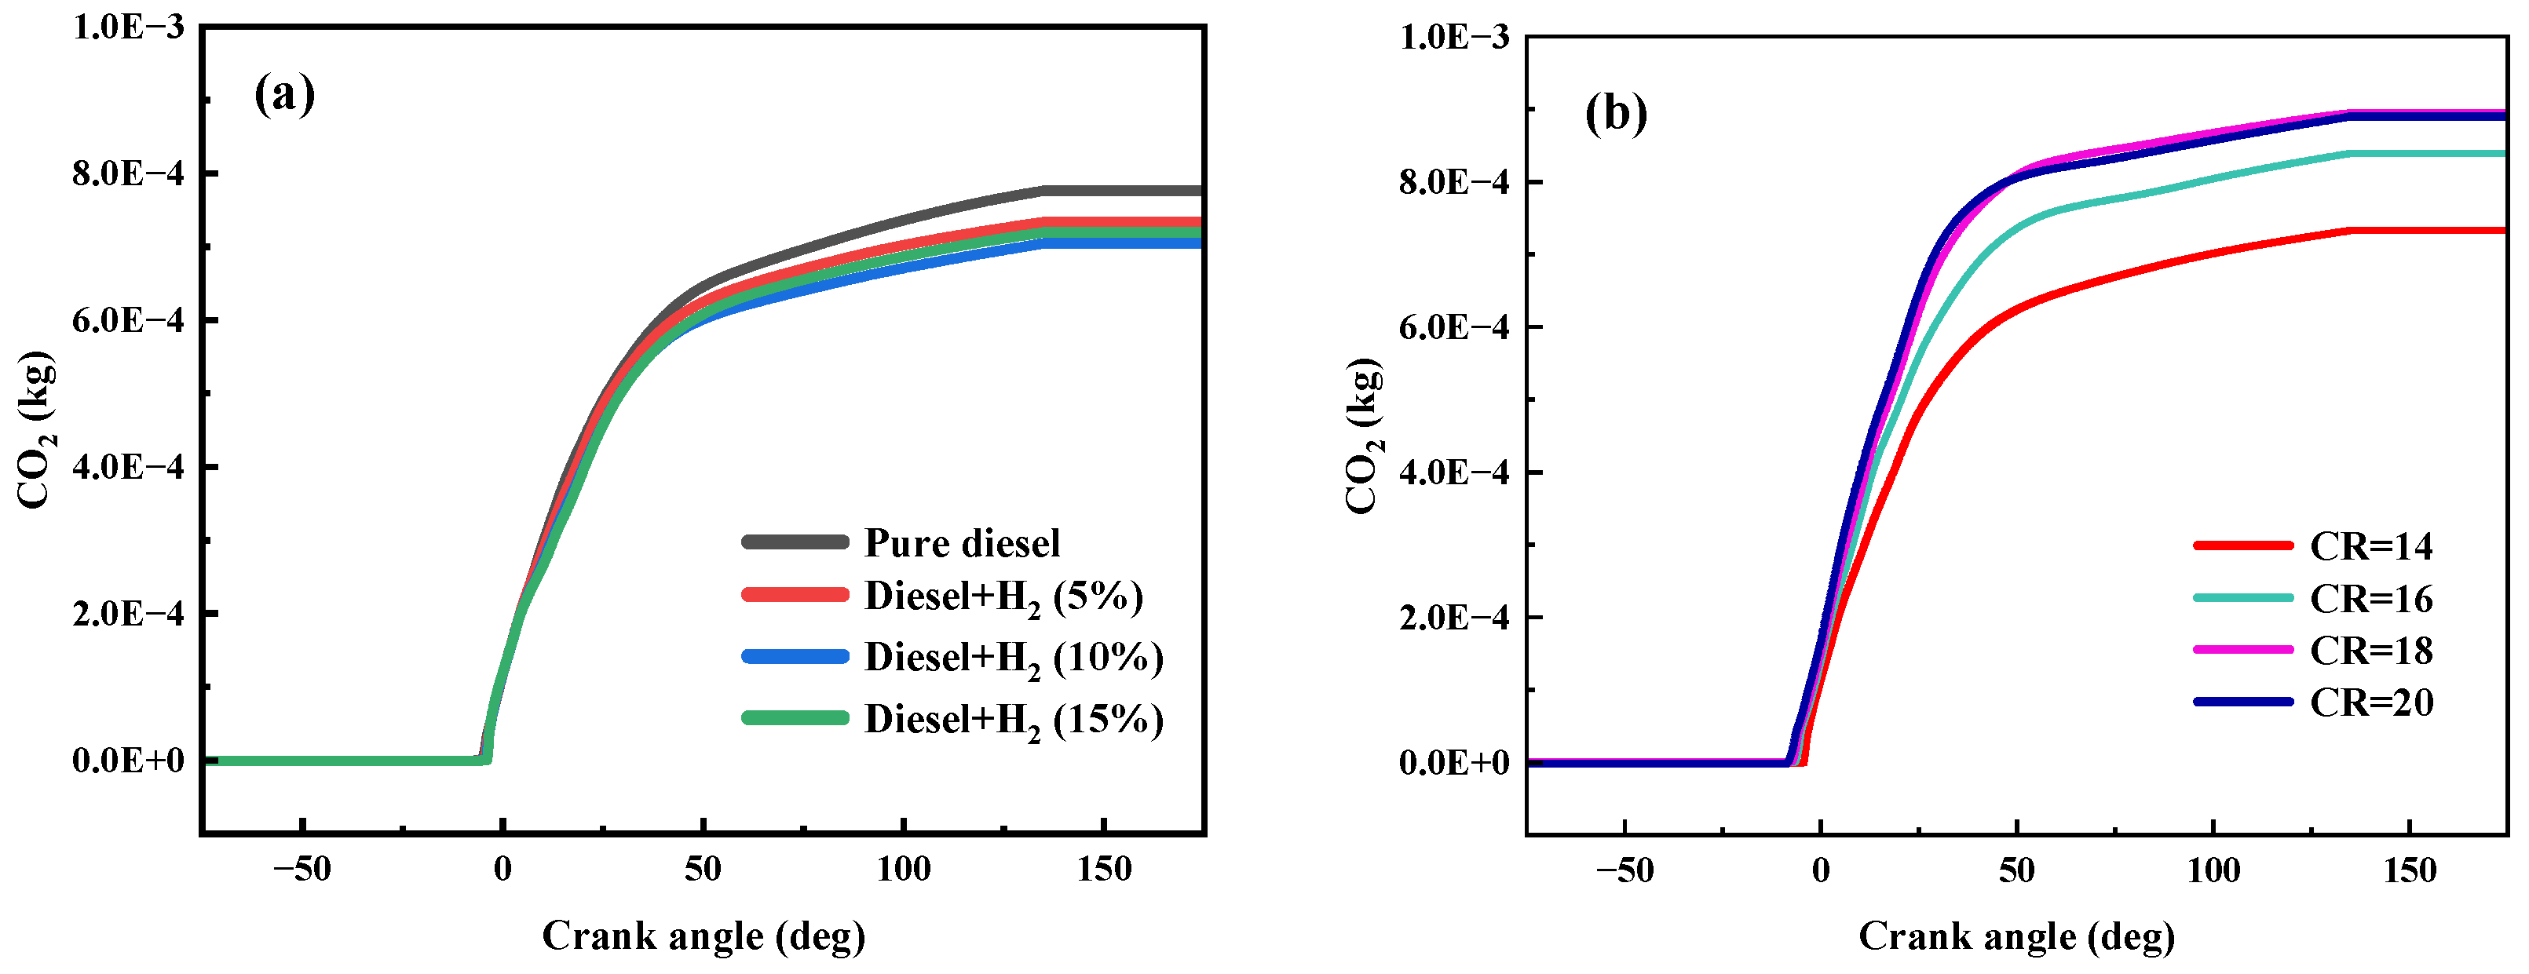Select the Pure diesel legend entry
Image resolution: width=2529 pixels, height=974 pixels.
961,543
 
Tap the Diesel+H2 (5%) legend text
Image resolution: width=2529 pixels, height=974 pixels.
1003,597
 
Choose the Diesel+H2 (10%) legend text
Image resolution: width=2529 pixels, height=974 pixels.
1013,658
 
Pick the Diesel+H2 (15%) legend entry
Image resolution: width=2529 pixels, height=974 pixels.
1013,720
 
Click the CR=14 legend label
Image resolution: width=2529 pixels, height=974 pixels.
2371,546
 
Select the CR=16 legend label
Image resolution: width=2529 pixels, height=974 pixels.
2371,598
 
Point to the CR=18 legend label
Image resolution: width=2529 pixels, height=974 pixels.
2371,650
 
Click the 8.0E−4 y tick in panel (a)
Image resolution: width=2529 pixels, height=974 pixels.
128,173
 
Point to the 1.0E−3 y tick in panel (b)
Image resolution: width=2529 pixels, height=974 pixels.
1454,38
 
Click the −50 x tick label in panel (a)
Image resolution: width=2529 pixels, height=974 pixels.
302,869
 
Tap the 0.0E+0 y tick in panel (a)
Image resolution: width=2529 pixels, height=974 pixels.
128,760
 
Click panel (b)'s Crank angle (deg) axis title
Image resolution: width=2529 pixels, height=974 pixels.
2016,936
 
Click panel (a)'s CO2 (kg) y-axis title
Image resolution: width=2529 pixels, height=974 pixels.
36,429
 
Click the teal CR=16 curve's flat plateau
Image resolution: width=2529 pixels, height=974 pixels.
2425,153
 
